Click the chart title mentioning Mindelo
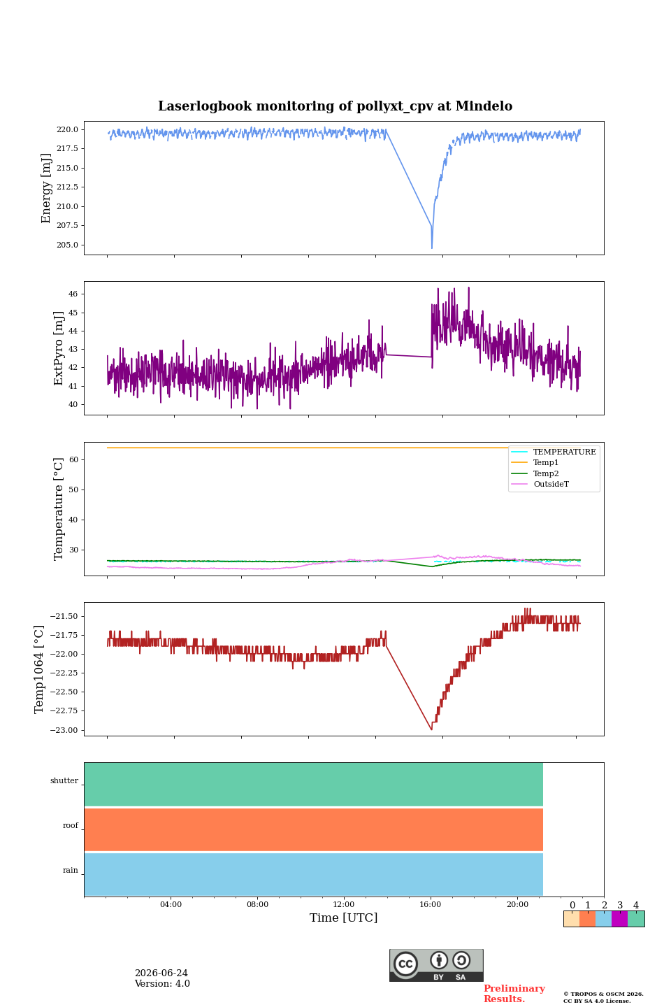point(335,106)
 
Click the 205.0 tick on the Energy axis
point(67,245)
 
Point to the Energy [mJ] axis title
point(46,188)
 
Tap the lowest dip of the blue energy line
point(432,248)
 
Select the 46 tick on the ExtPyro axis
point(73,294)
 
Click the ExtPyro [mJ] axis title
point(59,348)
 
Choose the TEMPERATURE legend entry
point(554,452)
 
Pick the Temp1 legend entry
point(535,463)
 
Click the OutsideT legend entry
point(540,484)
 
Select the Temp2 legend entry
point(535,473)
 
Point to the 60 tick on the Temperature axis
point(73,459)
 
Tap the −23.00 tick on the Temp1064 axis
point(64,730)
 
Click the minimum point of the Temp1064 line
point(431,729)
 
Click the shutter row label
point(64,780)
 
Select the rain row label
point(70,870)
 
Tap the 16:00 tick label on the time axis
point(430,904)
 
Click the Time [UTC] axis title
point(343,917)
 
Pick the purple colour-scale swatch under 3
point(619,918)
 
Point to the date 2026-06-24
point(161,973)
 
